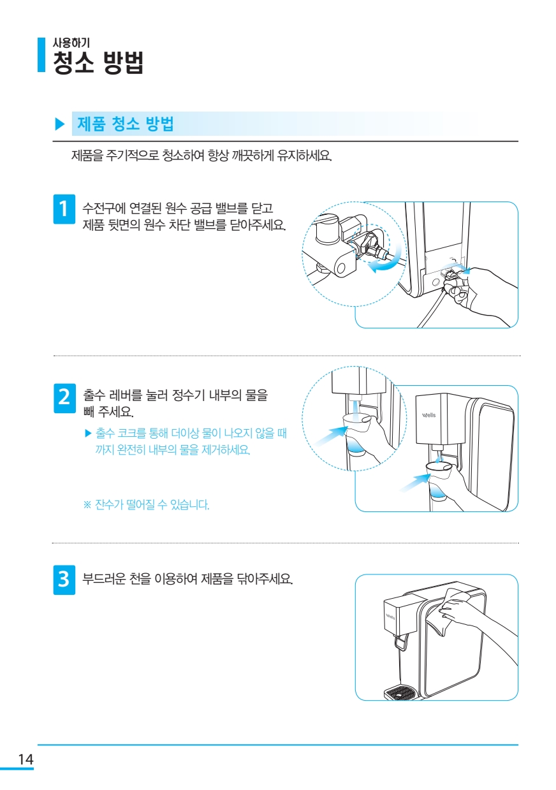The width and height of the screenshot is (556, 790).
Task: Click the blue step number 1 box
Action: tap(64, 208)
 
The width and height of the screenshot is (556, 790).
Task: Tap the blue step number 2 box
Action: tap(64, 398)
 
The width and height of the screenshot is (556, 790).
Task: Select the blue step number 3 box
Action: tap(64, 580)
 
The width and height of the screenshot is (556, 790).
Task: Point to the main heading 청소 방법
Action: tap(98, 62)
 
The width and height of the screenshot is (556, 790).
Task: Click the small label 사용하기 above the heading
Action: tap(71, 43)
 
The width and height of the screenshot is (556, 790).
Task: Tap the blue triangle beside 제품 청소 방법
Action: tap(60, 124)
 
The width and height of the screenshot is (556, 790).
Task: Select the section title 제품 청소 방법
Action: tap(126, 124)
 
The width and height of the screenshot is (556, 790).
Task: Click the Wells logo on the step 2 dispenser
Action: tap(428, 414)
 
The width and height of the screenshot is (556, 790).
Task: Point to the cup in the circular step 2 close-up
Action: tap(356, 435)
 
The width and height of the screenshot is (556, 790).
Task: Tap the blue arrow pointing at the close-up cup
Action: tap(330, 437)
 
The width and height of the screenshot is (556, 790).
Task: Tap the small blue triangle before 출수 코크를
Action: tap(88, 433)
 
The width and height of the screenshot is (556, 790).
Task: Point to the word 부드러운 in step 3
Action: tap(104, 579)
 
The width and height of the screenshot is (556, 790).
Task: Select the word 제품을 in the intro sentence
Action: tap(87, 155)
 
